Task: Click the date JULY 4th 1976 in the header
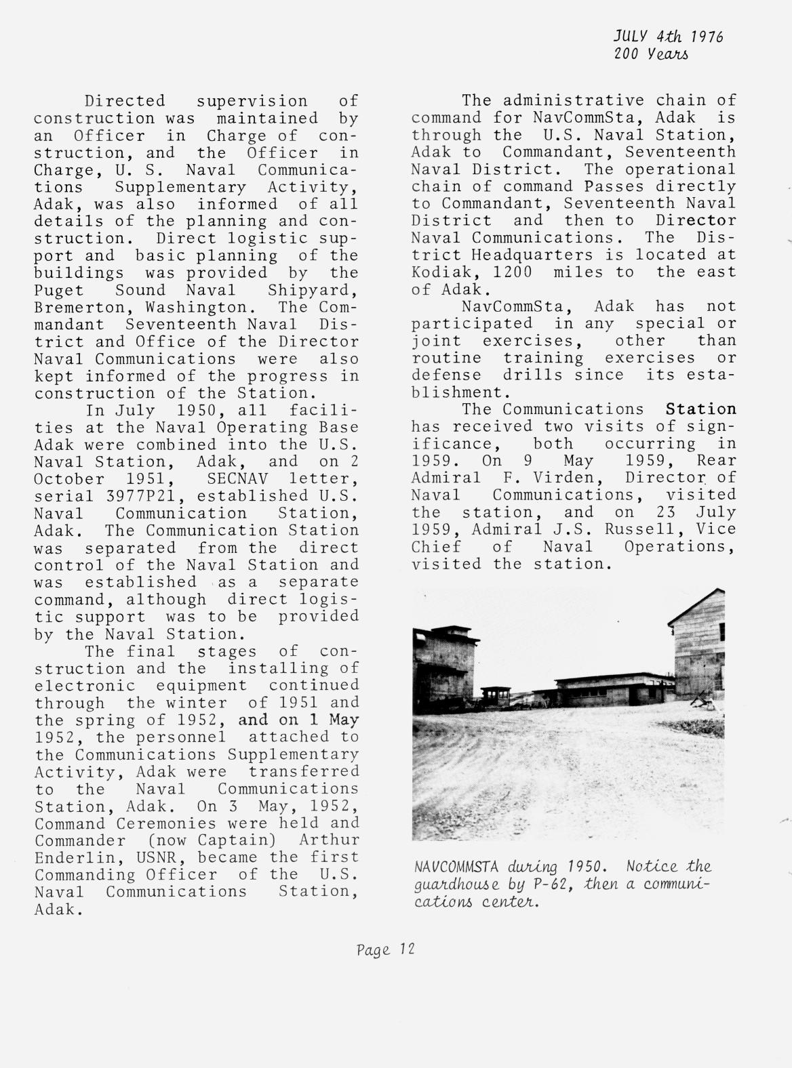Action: tap(669, 36)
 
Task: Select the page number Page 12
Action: tap(384, 949)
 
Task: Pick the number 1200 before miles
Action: tap(512, 272)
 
